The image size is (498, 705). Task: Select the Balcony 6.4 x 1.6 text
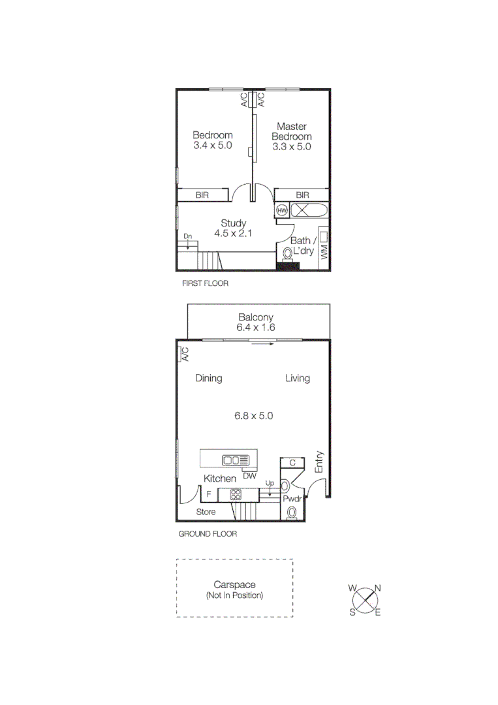[x=255, y=322]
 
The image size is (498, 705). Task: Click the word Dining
[x=209, y=378]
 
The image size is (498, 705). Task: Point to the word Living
[x=297, y=378]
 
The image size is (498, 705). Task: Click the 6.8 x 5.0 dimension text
[x=254, y=415]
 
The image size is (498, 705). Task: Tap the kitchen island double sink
[x=231, y=460]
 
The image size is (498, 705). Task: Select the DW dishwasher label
[x=249, y=476]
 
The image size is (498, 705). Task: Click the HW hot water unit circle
[x=282, y=210]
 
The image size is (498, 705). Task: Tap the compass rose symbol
[x=367, y=599]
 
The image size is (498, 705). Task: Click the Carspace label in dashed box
[x=234, y=586]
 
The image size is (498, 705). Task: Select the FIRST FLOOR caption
[x=205, y=284]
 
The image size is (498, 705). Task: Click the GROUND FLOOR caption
[x=208, y=533]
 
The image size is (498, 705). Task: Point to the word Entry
[x=319, y=462]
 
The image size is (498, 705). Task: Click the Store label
[x=206, y=512]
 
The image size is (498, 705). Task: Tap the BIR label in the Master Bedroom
[x=302, y=195]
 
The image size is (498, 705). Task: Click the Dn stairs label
[x=187, y=236]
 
